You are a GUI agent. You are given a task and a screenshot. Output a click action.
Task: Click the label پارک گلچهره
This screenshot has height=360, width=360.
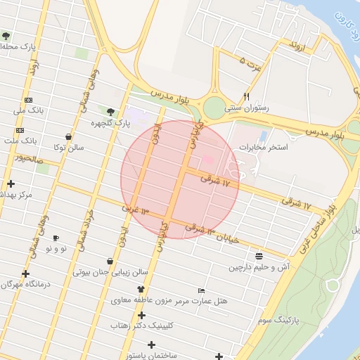111,123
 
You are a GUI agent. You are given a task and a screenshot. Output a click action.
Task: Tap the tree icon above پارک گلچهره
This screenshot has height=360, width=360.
110,111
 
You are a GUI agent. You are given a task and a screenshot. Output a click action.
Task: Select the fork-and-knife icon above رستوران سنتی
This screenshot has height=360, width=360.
246,96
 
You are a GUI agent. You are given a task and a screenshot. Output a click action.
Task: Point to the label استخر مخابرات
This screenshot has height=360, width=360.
264,148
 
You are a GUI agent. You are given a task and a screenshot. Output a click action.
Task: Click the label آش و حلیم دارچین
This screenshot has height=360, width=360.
259,267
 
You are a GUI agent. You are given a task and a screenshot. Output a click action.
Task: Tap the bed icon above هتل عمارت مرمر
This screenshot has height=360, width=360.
202,290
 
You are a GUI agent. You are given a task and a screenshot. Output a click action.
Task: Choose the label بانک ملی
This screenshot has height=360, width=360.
29,110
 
